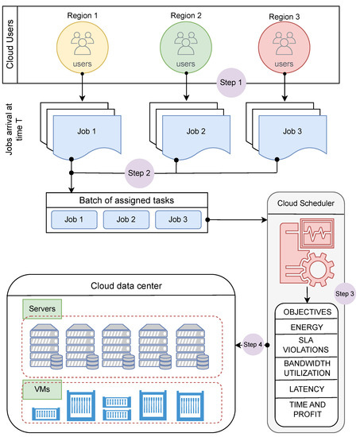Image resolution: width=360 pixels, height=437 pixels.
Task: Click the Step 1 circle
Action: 231,83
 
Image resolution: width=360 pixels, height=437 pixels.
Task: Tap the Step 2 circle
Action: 139,173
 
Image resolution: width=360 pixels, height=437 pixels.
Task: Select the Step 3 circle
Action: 345,294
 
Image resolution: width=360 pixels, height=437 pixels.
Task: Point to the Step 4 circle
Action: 253,345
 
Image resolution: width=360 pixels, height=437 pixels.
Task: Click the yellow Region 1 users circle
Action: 83,48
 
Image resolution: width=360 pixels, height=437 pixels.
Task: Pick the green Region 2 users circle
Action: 186,48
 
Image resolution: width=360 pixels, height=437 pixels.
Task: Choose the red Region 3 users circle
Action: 285,48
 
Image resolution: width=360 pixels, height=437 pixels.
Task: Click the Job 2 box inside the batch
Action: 126,219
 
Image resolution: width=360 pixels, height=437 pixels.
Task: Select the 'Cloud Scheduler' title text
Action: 306,203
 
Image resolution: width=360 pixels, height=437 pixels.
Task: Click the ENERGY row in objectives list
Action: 307,327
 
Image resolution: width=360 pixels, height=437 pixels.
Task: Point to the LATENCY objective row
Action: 307,389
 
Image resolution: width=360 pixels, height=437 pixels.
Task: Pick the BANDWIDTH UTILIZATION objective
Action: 307,368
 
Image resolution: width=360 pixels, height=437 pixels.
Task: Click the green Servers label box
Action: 42,309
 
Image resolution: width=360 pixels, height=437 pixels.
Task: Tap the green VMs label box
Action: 42,389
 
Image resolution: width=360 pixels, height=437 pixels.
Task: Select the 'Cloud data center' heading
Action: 126,286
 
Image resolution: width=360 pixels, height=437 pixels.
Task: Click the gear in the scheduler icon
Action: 318,269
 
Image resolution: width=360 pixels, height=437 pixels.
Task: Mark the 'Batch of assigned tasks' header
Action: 126,200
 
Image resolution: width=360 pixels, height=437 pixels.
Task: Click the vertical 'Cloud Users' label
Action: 10,44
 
